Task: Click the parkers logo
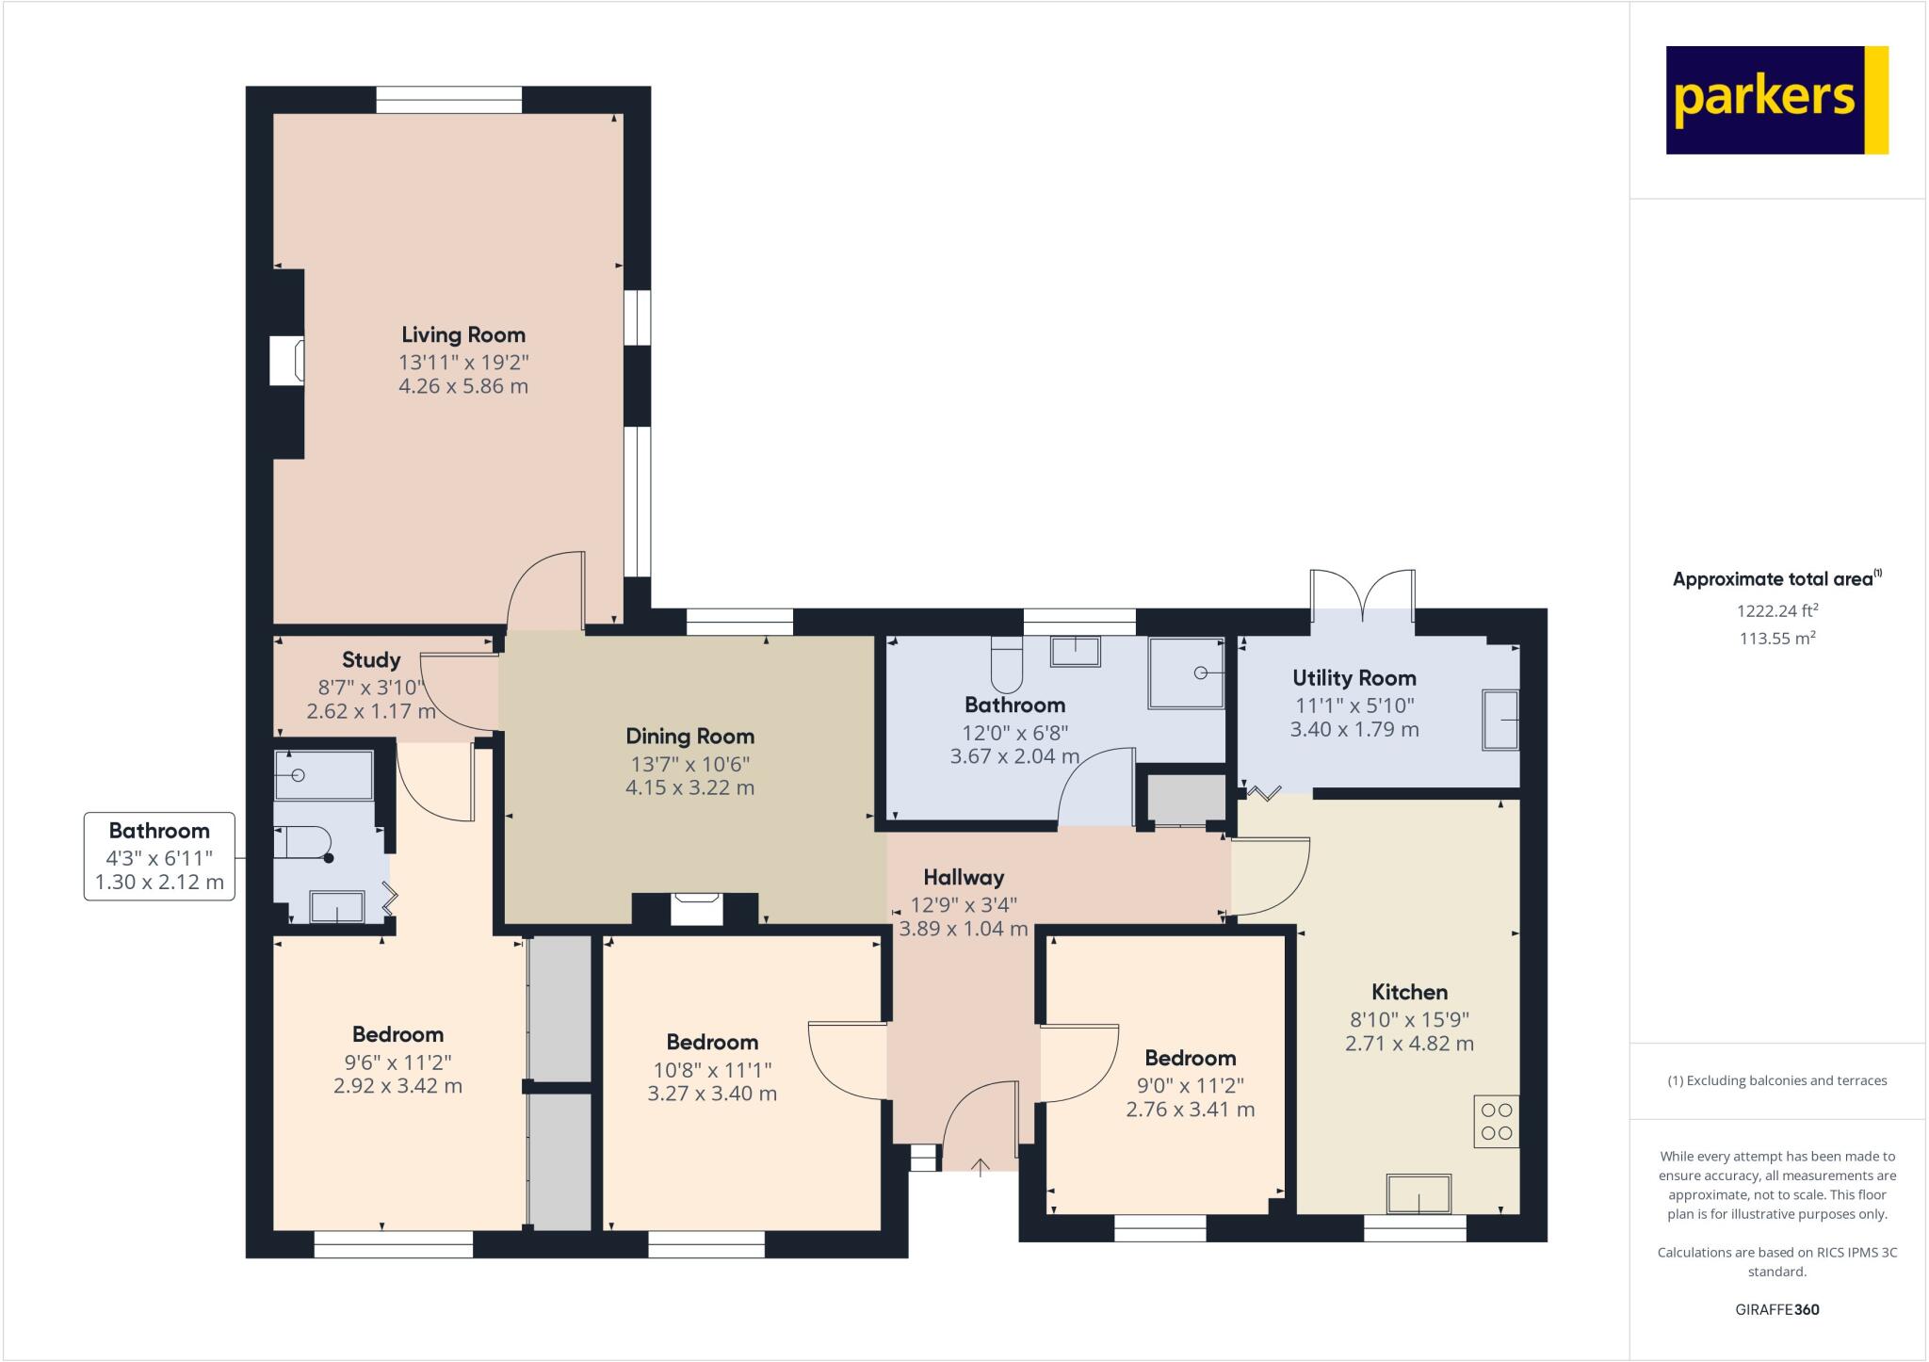[1776, 100]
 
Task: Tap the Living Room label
[462, 334]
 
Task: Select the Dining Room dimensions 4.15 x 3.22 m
[689, 787]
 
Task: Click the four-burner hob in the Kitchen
[1496, 1121]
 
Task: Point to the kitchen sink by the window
[1418, 1193]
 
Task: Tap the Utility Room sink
[1501, 720]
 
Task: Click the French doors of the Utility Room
[1362, 597]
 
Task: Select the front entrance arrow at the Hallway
[981, 1168]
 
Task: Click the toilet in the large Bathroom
[1006, 664]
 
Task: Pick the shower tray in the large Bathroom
[1186, 673]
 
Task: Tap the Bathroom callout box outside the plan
[159, 856]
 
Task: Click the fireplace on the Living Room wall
[287, 361]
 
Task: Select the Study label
[371, 660]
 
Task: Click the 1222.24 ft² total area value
[1776, 610]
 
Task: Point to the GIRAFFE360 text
[1776, 1309]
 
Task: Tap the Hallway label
[963, 878]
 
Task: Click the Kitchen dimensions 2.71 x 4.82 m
[1409, 1044]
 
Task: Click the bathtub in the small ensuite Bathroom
[323, 775]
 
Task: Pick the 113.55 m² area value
[1776, 638]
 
